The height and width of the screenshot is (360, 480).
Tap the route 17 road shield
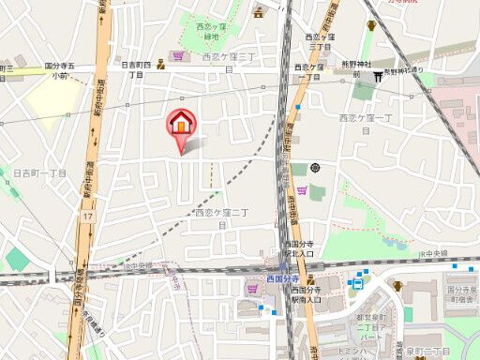coord(85,216)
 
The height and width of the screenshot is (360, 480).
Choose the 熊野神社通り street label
coord(405,70)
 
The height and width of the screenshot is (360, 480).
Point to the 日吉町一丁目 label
coord(39,172)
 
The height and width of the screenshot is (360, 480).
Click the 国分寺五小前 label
coord(62,71)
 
